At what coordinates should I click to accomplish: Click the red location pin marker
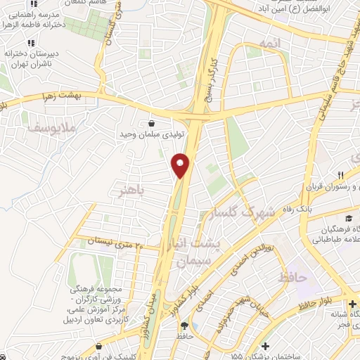click(x=181, y=165)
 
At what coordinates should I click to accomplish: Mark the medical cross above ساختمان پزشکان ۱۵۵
click(x=265, y=345)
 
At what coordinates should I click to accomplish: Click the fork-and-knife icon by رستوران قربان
click(x=340, y=174)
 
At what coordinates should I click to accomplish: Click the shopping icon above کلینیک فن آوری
click(x=99, y=346)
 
